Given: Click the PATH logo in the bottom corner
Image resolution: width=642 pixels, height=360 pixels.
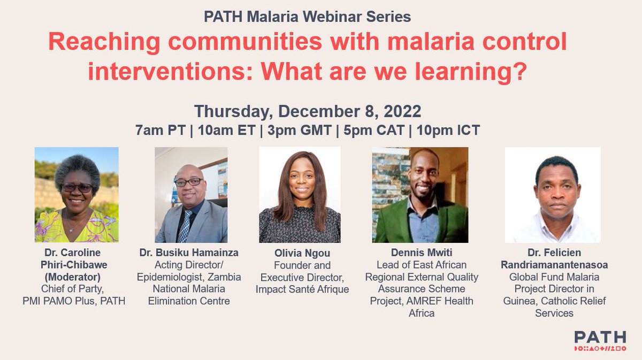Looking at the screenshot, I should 599,341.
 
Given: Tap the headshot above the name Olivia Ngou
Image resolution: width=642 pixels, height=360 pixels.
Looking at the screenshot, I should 300,195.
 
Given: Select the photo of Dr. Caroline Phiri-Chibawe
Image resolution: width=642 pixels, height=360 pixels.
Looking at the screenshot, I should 77,195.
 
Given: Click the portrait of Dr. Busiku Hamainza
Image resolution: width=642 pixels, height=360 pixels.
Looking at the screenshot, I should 191,195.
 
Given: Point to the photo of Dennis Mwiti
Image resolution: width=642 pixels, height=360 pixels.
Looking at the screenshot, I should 420,195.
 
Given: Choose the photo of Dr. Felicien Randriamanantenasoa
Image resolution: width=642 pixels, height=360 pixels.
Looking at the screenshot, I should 553,195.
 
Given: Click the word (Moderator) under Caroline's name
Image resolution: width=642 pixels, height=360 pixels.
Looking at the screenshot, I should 77,277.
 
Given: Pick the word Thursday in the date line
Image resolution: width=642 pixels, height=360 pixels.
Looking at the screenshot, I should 232,111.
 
